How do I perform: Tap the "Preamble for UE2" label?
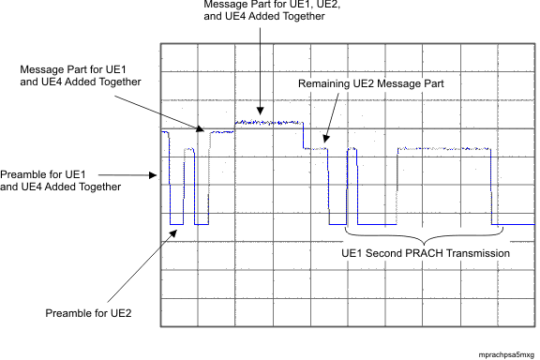point(88,312)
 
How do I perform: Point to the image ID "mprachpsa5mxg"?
point(506,354)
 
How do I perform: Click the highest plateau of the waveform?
point(268,123)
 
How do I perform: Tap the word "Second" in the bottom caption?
point(398,253)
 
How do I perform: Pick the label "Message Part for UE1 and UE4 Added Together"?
point(82,75)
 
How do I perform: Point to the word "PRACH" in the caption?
point(437,253)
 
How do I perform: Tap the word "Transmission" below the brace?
point(482,253)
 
